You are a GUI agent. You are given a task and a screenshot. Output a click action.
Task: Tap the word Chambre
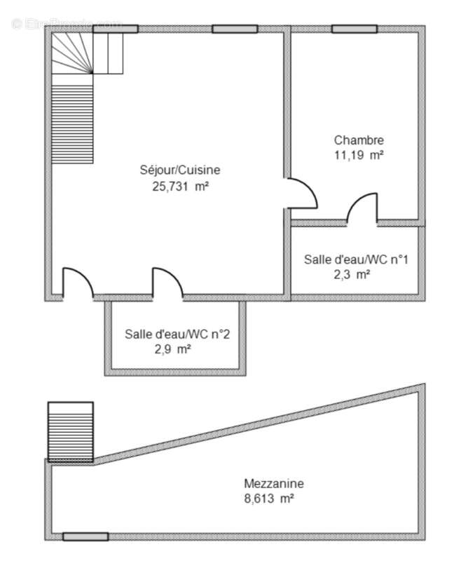click(359, 140)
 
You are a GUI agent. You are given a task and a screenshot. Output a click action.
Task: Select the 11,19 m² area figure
click(358, 156)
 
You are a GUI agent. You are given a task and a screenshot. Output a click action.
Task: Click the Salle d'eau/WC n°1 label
click(356, 259)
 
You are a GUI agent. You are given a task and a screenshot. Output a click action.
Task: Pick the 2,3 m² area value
click(352, 275)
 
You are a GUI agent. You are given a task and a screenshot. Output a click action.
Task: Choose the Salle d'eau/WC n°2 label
click(177, 334)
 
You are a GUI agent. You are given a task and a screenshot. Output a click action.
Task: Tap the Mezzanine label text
click(273, 483)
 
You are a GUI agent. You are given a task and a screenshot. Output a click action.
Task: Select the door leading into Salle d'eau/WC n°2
click(167, 283)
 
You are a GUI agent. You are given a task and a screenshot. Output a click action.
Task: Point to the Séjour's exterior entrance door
click(77, 284)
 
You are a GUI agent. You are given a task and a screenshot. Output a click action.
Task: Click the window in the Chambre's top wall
click(355, 29)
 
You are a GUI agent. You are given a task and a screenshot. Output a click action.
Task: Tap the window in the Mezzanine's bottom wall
click(85, 536)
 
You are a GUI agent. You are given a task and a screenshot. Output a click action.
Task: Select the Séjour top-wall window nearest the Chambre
click(235, 29)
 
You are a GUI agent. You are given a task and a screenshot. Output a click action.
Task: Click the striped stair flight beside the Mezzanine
click(70, 431)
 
